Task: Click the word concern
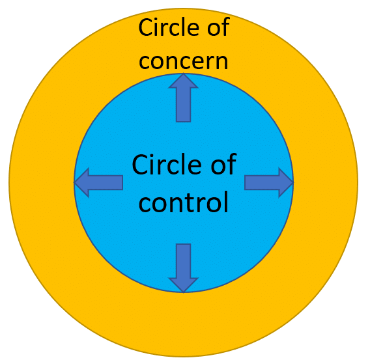[x=184, y=62]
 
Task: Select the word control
[x=184, y=202]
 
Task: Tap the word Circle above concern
[x=167, y=27]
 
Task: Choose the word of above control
[x=223, y=164]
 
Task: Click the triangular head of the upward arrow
[x=183, y=81]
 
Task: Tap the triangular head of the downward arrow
[x=183, y=286]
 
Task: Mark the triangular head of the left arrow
[x=81, y=182]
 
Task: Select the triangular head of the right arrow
[x=286, y=182]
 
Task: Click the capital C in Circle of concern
[x=146, y=27]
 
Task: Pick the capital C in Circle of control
[x=141, y=164]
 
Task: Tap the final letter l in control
[x=226, y=202]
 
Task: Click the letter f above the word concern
[x=226, y=27]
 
